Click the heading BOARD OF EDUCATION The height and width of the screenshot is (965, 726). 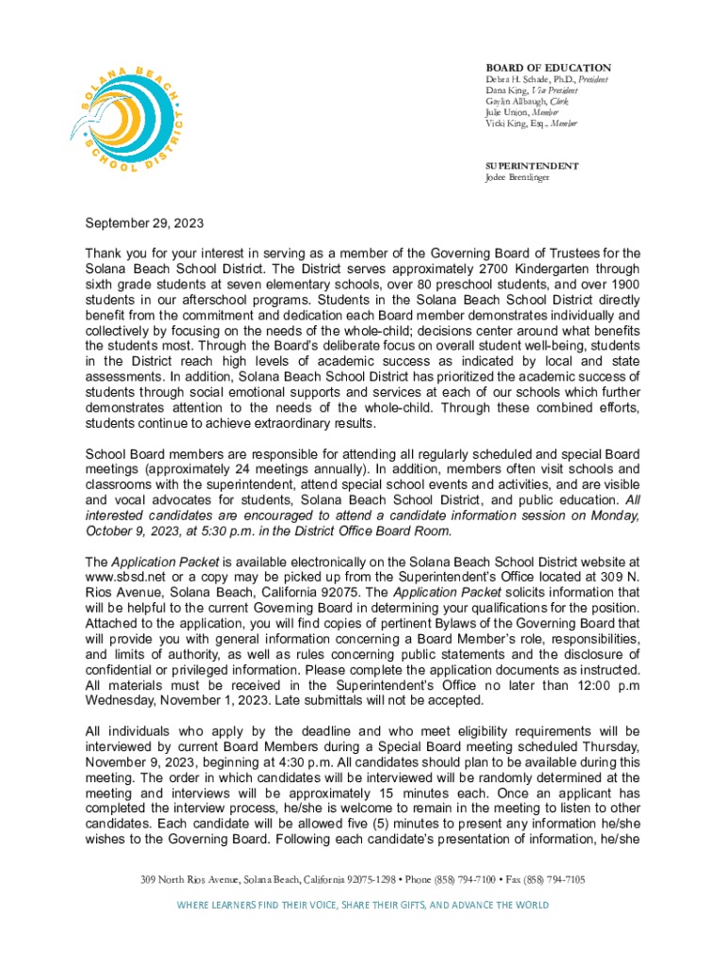point(548,68)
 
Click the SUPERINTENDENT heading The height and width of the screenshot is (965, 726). point(531,166)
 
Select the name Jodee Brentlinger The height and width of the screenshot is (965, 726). point(518,177)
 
